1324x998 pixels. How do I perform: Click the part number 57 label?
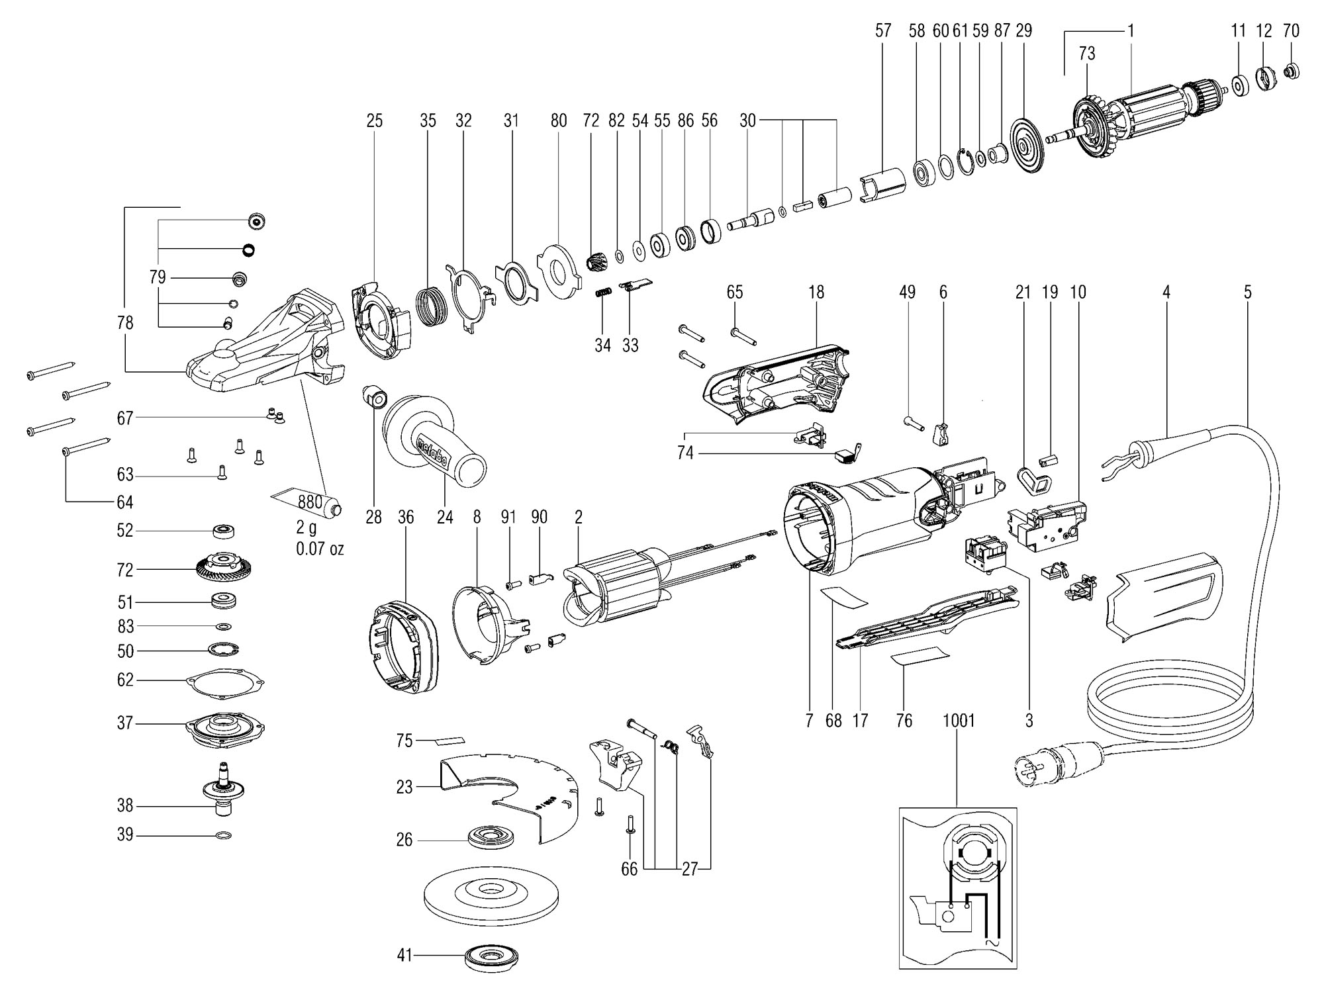pos(883,30)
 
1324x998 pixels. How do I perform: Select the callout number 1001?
pos(959,720)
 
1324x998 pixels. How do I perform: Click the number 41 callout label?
pos(404,956)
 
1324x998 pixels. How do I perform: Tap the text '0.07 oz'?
pos(320,549)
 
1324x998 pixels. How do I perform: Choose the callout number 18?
pos(816,292)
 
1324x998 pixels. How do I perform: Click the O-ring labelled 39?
pos(224,836)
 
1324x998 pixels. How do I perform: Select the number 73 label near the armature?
pos(1087,54)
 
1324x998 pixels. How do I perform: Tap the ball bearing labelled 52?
pos(224,531)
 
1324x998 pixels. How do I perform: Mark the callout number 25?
pos(374,121)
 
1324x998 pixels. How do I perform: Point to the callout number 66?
pos(629,869)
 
